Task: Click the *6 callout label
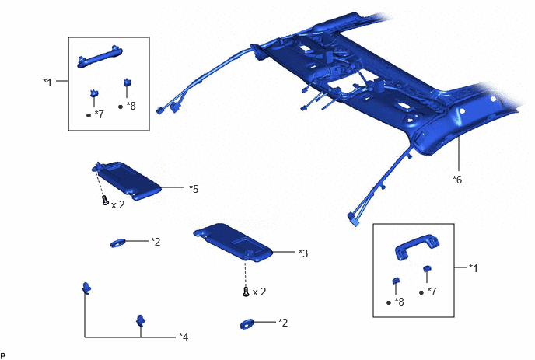[457, 179]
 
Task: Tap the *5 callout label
[194, 189]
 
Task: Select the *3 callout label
[303, 253]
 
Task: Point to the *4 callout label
[184, 337]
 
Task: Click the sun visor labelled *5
[127, 180]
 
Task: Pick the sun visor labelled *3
[233, 243]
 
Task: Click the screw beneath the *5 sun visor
[106, 200]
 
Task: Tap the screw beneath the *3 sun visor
[247, 292]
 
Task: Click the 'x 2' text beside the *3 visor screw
[259, 292]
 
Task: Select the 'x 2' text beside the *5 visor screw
[117, 204]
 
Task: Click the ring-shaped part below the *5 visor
[117, 243]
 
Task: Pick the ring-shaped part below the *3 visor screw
[247, 323]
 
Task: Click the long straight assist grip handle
[100, 57]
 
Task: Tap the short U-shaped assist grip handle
[417, 246]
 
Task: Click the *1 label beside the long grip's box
[47, 82]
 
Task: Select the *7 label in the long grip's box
[99, 114]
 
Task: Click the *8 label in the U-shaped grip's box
[399, 302]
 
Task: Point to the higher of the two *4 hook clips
[86, 288]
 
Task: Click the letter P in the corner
[3, 356]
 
